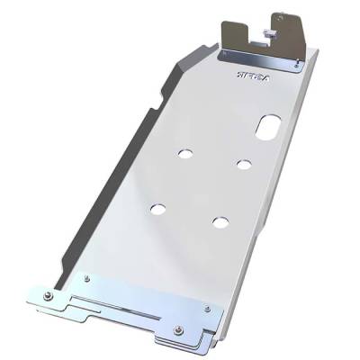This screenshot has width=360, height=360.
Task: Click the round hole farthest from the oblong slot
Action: coord(158,209)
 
